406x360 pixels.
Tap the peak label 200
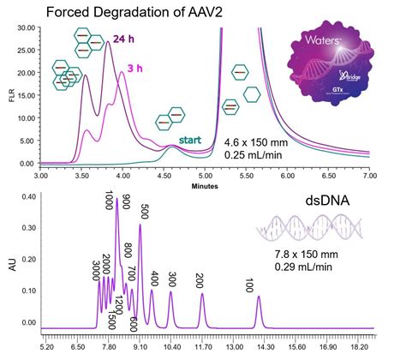click(200, 279)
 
